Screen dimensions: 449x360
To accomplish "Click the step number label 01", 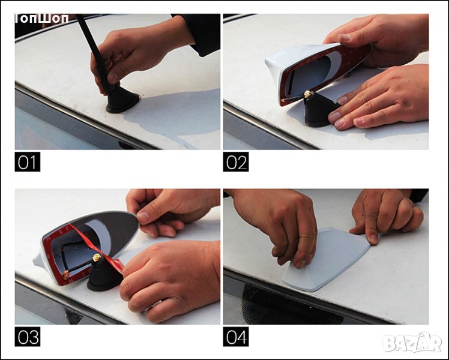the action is point(28,161).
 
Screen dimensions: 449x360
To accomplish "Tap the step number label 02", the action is point(236,161).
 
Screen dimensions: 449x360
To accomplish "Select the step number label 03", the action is point(28,337).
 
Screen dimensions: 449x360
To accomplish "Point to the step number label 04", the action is point(236,337).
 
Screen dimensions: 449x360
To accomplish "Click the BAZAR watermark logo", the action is point(412,343).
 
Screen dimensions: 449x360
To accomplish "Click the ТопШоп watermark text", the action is point(42,19).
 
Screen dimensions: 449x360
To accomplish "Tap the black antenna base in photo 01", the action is point(122,100).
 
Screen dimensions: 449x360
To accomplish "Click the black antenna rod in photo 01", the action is point(94,51).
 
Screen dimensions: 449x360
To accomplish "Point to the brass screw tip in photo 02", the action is point(307,94).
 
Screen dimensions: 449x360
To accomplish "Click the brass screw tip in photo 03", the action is point(97,258).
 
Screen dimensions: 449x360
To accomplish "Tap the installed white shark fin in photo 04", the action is point(327,260).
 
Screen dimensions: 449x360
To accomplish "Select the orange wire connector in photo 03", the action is point(66,275).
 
